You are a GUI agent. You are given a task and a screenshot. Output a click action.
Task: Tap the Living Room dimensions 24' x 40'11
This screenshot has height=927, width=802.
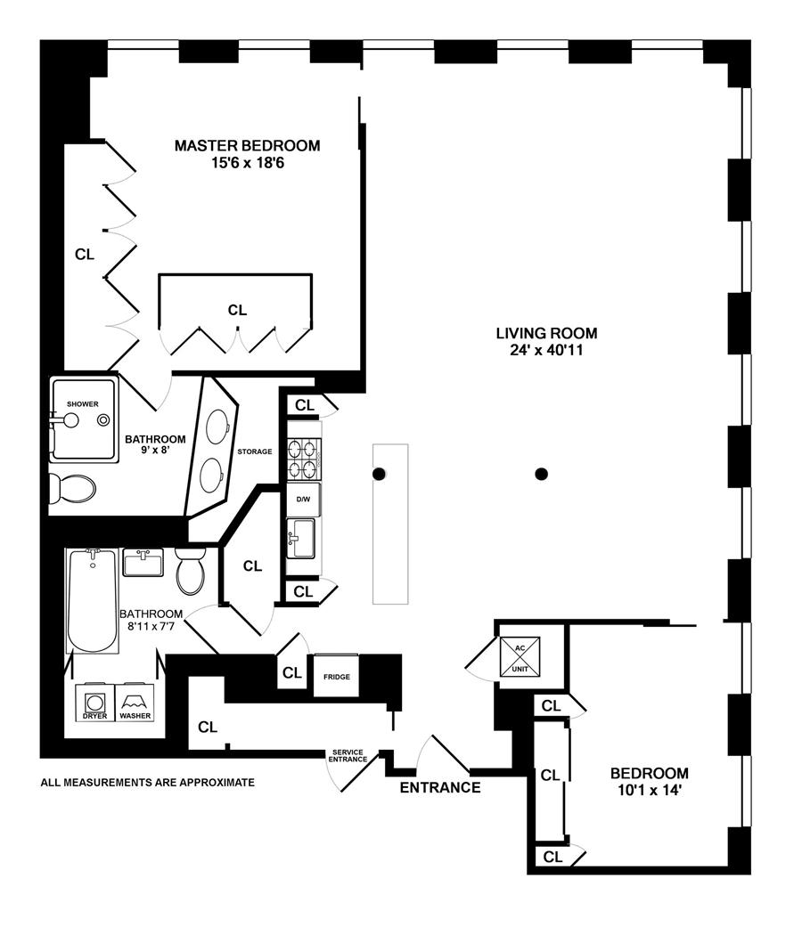[546, 350]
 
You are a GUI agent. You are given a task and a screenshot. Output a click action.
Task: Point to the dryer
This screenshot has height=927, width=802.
[94, 702]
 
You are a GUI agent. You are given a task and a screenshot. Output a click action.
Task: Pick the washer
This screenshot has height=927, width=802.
[135, 702]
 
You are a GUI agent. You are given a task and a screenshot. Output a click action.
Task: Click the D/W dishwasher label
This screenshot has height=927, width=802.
[304, 500]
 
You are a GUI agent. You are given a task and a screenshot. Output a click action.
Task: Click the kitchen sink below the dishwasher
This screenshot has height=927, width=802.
[301, 538]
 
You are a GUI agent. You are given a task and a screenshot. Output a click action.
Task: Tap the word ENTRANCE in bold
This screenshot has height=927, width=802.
[440, 787]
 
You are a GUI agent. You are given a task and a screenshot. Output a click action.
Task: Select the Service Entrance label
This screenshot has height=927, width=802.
[348, 755]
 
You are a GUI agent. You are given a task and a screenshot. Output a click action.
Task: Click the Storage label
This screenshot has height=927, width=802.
[255, 451]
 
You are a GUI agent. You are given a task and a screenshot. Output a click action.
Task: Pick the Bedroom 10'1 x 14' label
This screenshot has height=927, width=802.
[649, 781]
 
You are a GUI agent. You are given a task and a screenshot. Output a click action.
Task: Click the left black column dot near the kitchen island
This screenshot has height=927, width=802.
[379, 474]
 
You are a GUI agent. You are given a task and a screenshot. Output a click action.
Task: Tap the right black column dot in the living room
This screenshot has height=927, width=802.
[540, 474]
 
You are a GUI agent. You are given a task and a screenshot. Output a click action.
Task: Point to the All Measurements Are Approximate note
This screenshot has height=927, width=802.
[148, 783]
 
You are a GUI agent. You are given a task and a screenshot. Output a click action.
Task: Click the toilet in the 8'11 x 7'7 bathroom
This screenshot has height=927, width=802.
[191, 571]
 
